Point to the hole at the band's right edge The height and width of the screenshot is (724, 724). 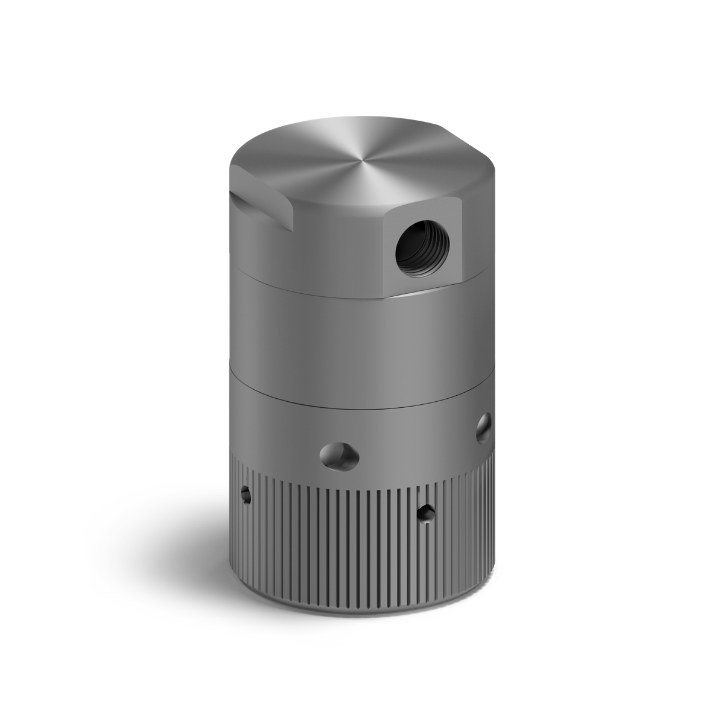click(x=483, y=428)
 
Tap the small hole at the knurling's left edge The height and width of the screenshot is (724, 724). click(x=245, y=494)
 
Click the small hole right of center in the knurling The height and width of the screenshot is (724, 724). click(x=427, y=513)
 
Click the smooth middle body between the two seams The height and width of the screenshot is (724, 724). click(x=350, y=344)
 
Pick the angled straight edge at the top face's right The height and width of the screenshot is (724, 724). click(x=477, y=163)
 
